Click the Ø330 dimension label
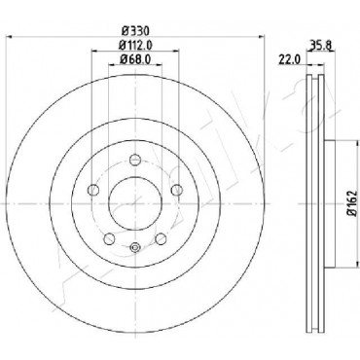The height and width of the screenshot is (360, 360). pyautogui.click(x=135, y=31)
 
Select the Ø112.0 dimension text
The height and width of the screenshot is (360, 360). pyautogui.click(x=135, y=45)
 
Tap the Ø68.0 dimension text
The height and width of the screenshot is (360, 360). pyautogui.click(x=135, y=59)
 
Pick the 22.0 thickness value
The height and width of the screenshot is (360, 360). pyautogui.click(x=290, y=60)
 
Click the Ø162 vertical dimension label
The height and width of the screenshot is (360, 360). pyautogui.click(x=352, y=203)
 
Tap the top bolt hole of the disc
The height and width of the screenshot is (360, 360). pyautogui.click(x=135, y=160)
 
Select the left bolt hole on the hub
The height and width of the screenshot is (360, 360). pyautogui.click(x=93, y=190)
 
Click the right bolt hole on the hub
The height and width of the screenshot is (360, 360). pyautogui.click(x=177, y=190)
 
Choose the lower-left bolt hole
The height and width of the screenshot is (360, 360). pyautogui.click(x=109, y=239)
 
